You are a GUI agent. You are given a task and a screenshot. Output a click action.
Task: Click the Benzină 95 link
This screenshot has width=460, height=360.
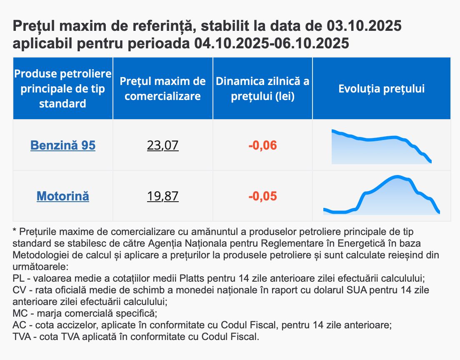[63, 145]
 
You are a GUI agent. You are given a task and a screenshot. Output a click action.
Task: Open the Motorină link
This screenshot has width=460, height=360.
[63, 196]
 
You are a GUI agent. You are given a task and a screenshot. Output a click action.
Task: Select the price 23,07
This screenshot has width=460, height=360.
[162, 145]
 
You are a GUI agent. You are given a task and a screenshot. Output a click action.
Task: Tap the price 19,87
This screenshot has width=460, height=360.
[162, 196]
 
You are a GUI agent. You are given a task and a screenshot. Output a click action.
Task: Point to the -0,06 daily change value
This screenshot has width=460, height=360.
[262, 146]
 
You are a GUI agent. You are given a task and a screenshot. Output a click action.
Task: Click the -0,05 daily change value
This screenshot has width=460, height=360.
[262, 196]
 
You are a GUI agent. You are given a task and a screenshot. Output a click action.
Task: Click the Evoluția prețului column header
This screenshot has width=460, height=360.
[381, 89]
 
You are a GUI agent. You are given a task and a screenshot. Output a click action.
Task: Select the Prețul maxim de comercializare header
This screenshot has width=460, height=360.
[162, 89]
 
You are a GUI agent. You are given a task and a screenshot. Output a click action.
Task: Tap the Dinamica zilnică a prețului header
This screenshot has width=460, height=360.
[262, 89]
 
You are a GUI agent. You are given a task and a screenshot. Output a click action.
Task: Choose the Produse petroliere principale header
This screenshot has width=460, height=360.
[63, 89]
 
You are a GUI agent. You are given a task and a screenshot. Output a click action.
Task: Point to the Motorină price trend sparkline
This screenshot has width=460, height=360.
[381, 196]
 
